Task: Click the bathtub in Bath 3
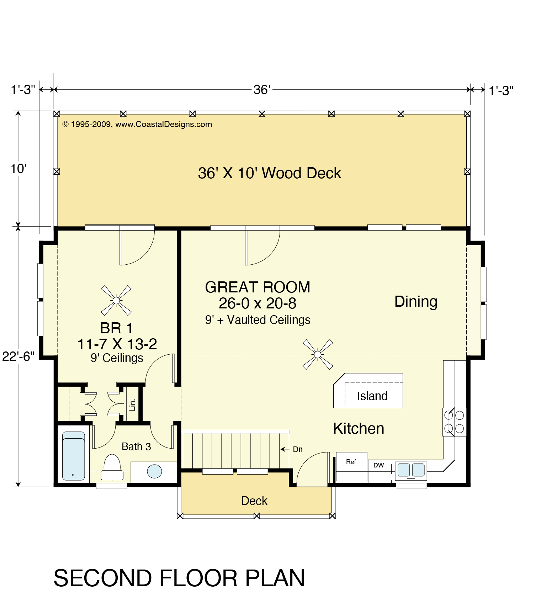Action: pyautogui.click(x=74, y=456)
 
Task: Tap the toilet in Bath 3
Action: pyautogui.click(x=112, y=467)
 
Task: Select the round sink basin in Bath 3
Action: pyautogui.click(x=154, y=471)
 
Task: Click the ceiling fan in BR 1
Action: pyautogui.click(x=116, y=301)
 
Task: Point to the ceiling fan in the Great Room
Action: pyautogui.click(x=318, y=354)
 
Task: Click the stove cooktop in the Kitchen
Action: pyautogui.click(x=454, y=422)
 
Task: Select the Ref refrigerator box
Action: pyautogui.click(x=351, y=467)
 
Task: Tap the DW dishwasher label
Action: pyautogui.click(x=378, y=465)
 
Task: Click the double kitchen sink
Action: pyautogui.click(x=411, y=470)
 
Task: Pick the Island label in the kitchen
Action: pyautogui.click(x=372, y=396)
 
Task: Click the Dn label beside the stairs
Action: pyautogui.click(x=298, y=450)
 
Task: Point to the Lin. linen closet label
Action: pyautogui.click(x=132, y=404)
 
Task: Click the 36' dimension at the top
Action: pyautogui.click(x=262, y=90)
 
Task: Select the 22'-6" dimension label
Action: pyautogui.click(x=18, y=356)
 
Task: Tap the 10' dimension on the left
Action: pyautogui.click(x=18, y=169)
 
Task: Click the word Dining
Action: pyautogui.click(x=416, y=302)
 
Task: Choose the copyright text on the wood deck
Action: pyautogui.click(x=137, y=125)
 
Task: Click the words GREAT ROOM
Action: pyautogui.click(x=258, y=287)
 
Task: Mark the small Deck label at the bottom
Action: pyautogui.click(x=254, y=501)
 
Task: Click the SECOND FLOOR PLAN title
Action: pyautogui.click(x=179, y=578)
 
